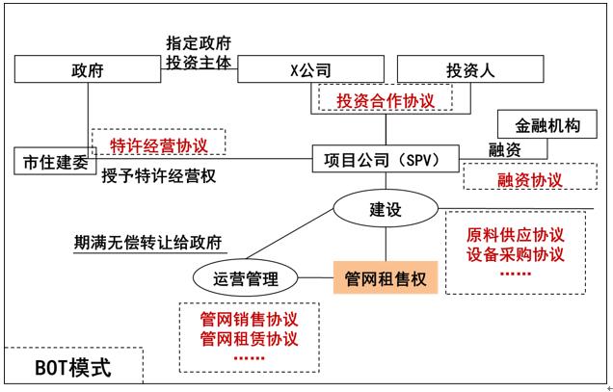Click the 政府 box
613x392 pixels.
pos(87,70)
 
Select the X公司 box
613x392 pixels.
pos(310,70)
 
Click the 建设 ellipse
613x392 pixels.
pos(385,209)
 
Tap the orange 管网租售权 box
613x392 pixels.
pos(385,278)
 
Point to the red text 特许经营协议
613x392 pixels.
pos(158,144)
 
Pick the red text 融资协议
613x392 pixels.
pos(530,179)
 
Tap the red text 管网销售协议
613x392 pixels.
pos(249,319)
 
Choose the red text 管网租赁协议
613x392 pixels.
pos(249,339)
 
